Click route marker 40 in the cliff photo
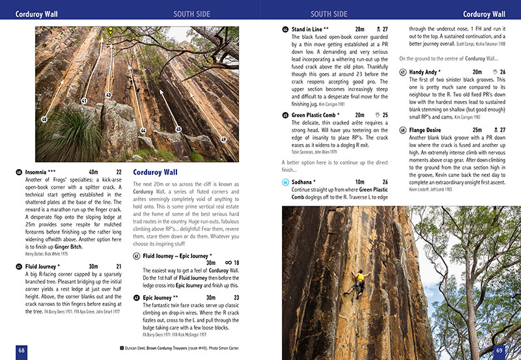[x=44, y=120]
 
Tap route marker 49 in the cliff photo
[x=223, y=139]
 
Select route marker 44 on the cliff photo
[x=143, y=131]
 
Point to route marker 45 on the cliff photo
[x=178, y=129]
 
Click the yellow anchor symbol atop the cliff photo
[x=111, y=30]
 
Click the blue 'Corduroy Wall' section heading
[x=155, y=173]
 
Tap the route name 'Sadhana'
[x=303, y=182]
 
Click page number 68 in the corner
[x=21, y=350]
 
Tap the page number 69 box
[x=500, y=350]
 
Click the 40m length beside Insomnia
[x=93, y=173]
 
